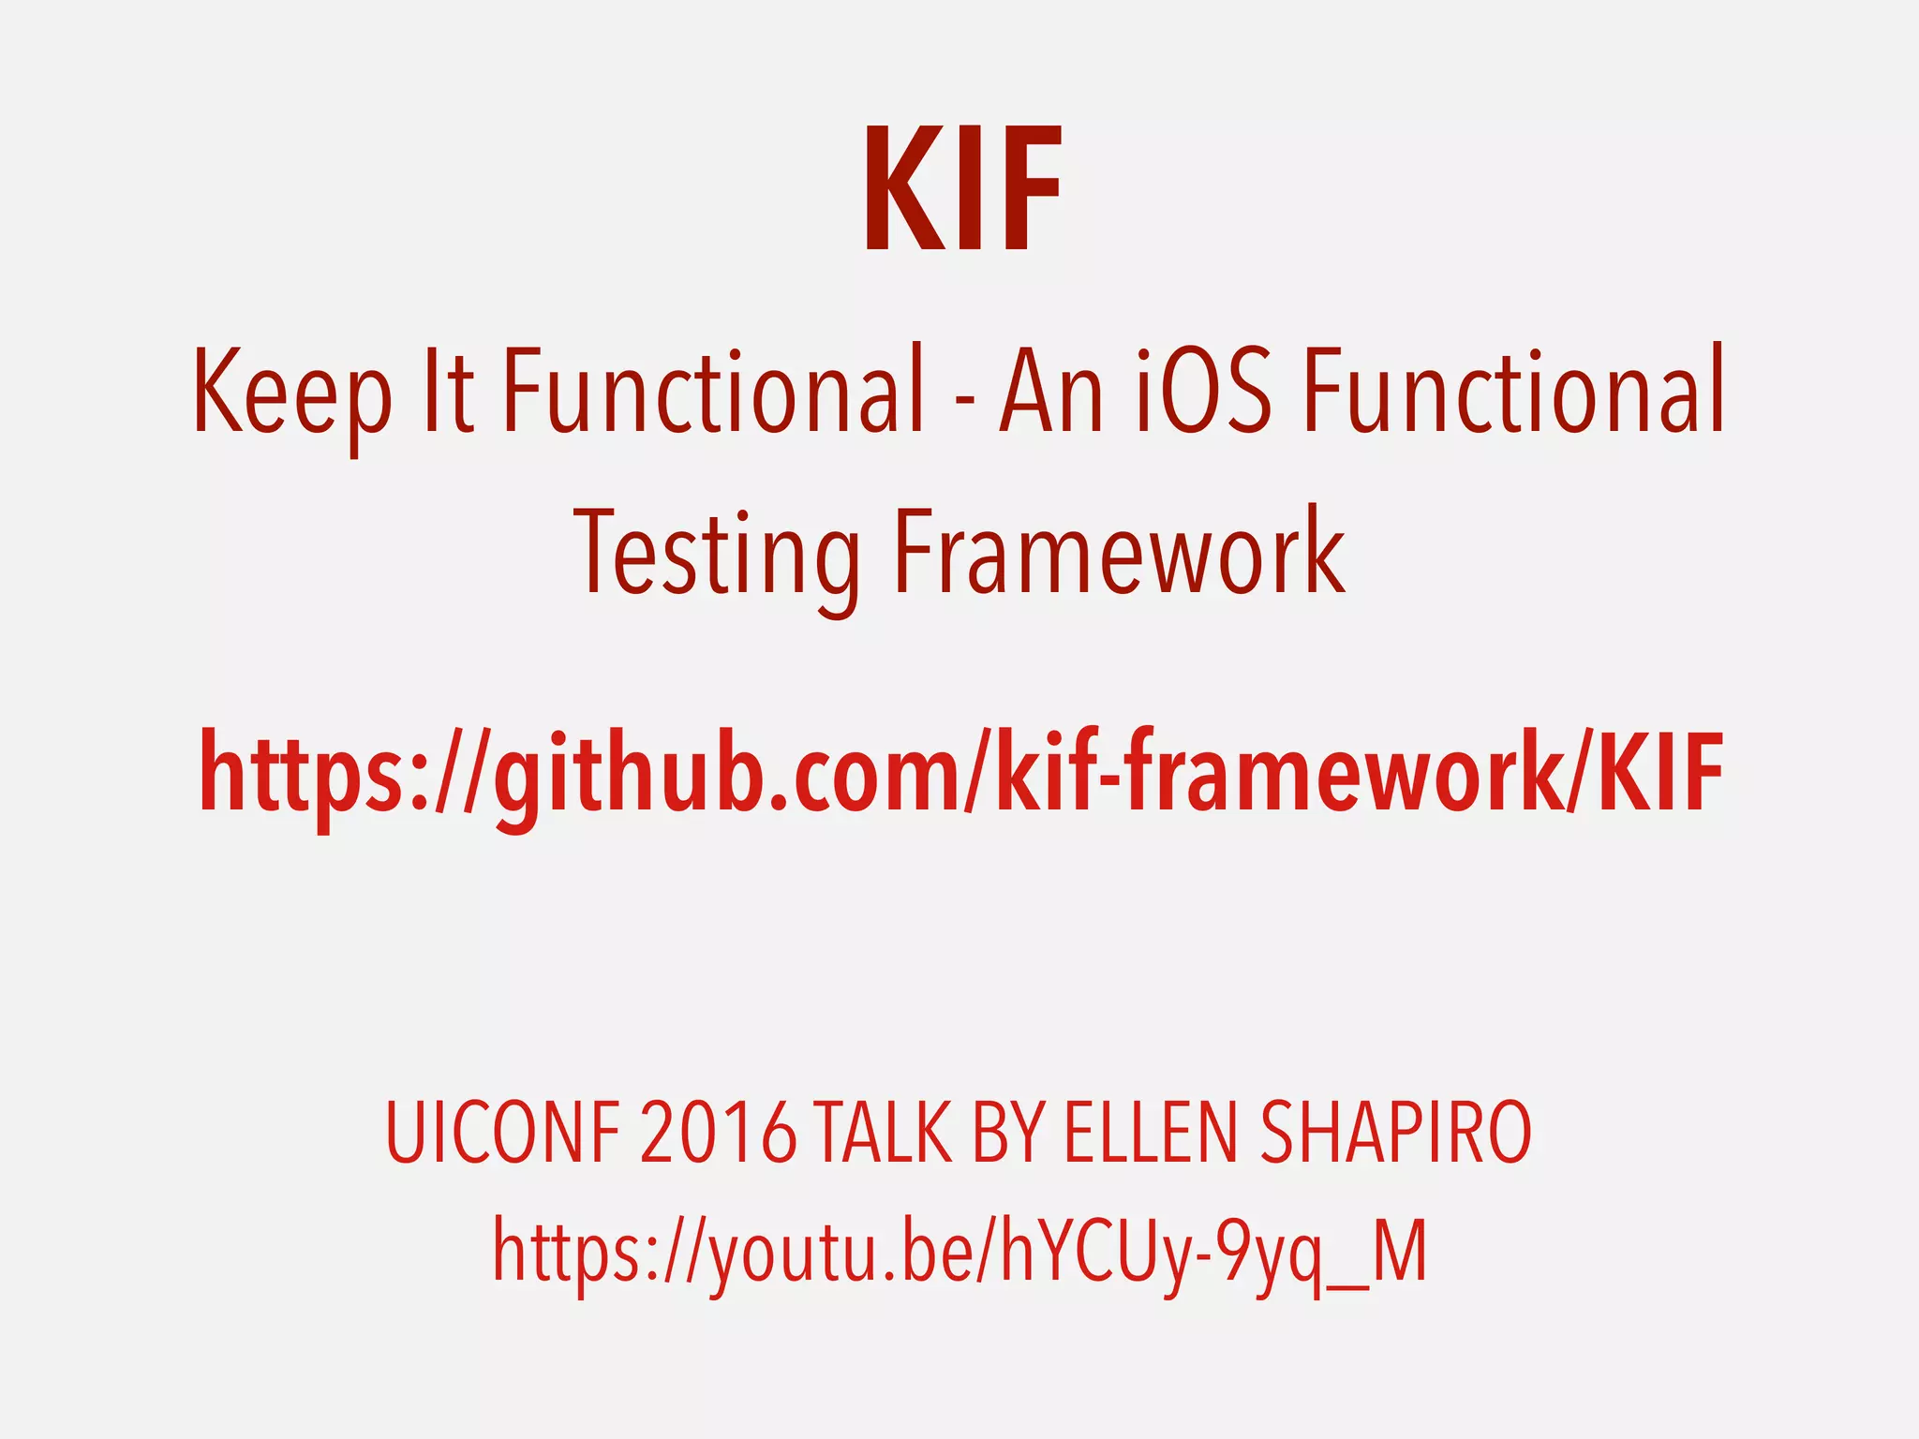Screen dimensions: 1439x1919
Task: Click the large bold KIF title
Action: pyautogui.click(x=962, y=191)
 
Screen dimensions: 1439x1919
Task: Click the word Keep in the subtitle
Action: pyautogui.click(x=291, y=392)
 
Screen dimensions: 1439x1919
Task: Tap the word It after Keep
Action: pyautogui.click(x=448, y=392)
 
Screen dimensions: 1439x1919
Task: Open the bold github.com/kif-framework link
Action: pyautogui.click(x=961, y=774)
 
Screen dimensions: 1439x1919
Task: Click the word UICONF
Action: pyautogui.click(x=502, y=1134)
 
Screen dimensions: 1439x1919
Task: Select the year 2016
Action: pyautogui.click(x=719, y=1134)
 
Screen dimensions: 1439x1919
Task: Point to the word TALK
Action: pyautogui.click(x=882, y=1134)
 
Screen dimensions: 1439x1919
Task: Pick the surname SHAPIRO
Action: pyautogui.click(x=1396, y=1134)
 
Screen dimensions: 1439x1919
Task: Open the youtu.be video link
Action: pyautogui.click(x=960, y=1252)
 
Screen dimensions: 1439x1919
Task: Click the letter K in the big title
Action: pyautogui.click(x=903, y=191)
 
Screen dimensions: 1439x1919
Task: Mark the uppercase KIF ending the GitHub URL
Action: pyautogui.click(x=1660, y=772)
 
